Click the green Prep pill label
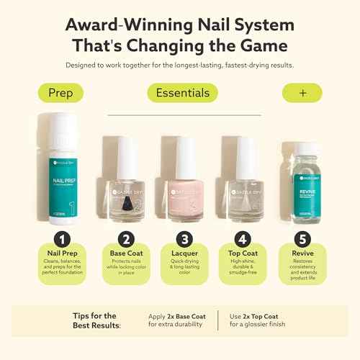tap(61, 93)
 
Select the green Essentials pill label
tap(182, 93)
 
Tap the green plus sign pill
tap(302, 93)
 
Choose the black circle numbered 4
tap(243, 238)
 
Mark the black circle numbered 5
tap(302, 238)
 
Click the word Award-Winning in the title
tap(127, 23)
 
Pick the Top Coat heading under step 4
tap(243, 253)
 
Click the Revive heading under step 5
tap(302, 253)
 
